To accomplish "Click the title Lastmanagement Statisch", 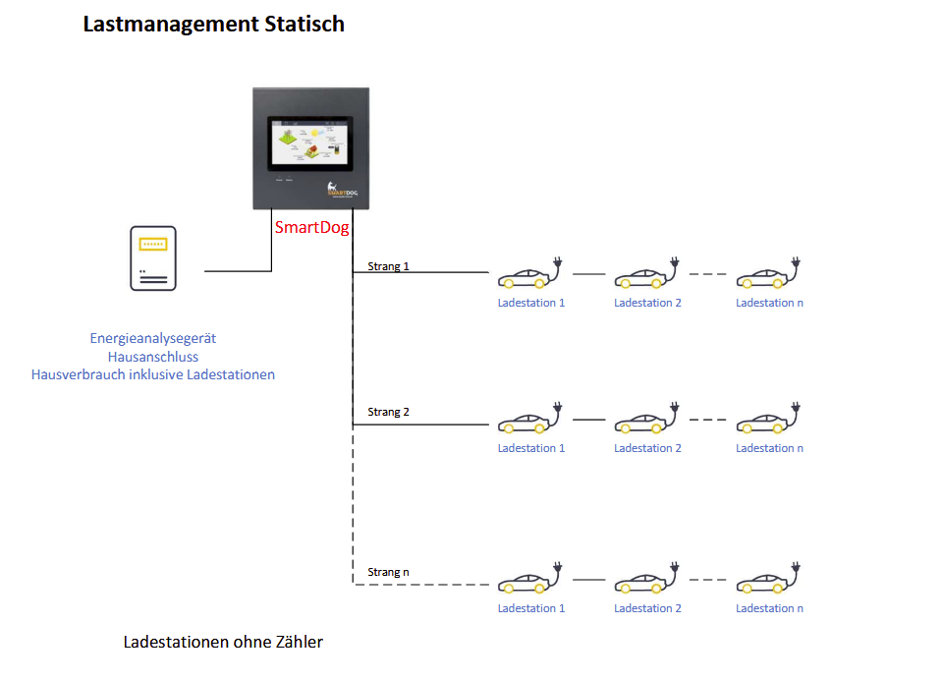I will point(213,25).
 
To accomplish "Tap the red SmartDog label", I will point(311,227).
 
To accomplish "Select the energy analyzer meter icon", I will point(153,258).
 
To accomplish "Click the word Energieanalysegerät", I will point(153,338).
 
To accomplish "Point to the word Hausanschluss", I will point(153,357).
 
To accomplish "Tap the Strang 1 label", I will point(388,266).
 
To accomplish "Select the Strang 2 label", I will point(388,412).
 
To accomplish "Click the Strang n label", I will point(388,572).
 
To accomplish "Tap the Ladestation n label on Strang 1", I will point(769,303).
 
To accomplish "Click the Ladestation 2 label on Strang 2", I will point(647,448).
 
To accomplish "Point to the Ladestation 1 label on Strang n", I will point(531,608).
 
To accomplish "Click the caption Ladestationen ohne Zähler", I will point(223,643).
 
